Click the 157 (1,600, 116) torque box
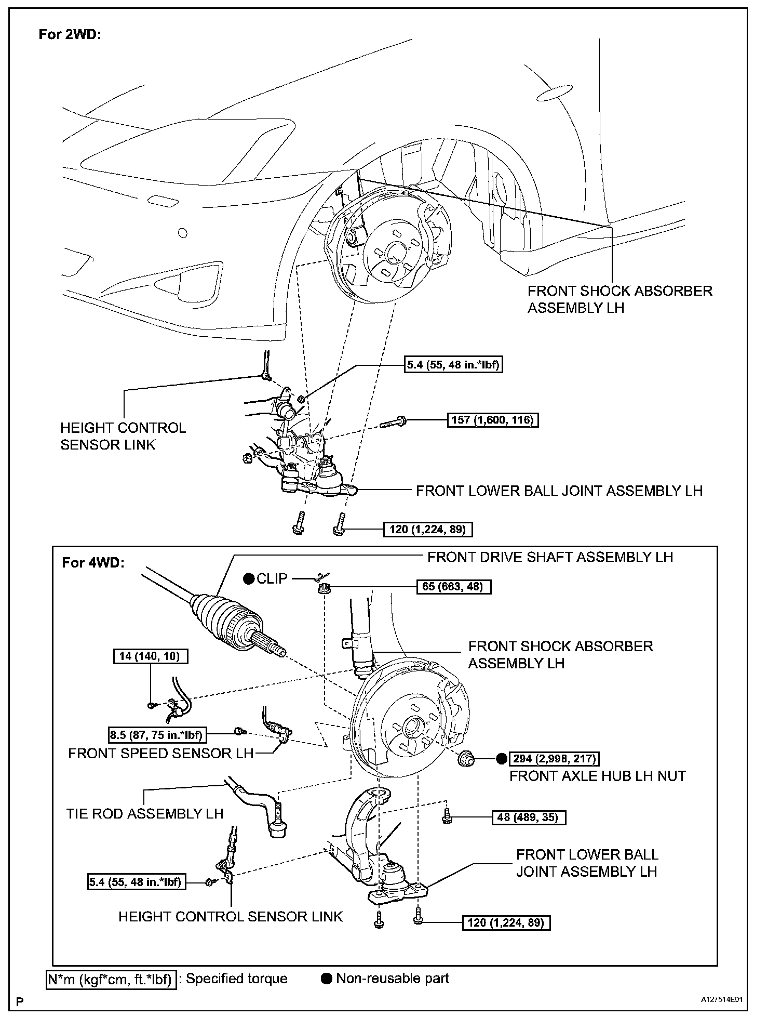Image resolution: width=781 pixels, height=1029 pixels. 492,419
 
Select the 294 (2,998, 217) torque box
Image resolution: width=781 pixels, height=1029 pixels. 554,759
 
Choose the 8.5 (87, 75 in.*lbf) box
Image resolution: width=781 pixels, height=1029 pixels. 156,734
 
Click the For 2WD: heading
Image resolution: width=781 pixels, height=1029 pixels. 70,35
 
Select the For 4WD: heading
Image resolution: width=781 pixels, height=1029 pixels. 93,563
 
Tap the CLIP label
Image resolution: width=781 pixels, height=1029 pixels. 272,578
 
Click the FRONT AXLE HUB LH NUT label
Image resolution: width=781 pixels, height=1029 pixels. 597,776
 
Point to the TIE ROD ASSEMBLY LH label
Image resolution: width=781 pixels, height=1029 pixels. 145,813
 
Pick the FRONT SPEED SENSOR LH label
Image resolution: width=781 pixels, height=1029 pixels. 160,753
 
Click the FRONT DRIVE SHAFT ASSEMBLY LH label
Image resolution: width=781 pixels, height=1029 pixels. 550,557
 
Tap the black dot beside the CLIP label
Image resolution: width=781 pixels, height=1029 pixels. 249,578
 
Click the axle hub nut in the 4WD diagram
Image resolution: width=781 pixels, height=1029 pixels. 466,759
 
